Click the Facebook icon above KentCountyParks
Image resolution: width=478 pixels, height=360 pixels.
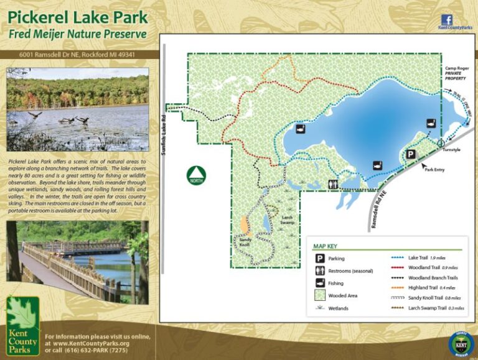pos(446,19)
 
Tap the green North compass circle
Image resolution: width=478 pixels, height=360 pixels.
pos(197,175)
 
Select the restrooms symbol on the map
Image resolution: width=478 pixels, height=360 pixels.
pos(334,184)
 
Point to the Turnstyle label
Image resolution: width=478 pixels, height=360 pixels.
pos(452,150)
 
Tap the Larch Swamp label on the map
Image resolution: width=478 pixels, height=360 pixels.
pos(287,219)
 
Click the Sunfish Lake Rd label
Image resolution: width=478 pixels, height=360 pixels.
pos(164,131)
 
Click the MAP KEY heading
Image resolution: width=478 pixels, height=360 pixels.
pos(329,246)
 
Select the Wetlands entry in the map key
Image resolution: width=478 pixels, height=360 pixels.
pos(339,308)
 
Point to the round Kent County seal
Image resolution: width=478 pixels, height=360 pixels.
pos(461,343)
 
